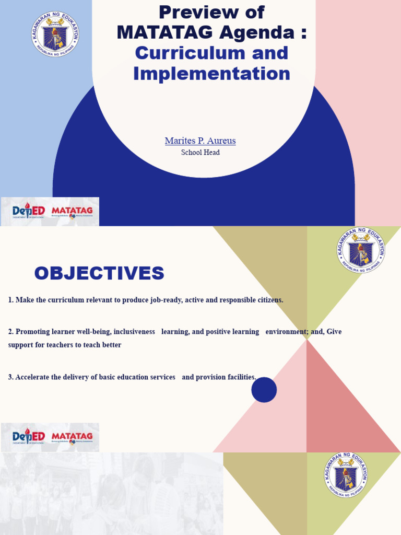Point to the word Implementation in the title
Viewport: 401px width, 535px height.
[x=211, y=74]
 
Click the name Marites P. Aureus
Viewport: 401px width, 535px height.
[x=200, y=141]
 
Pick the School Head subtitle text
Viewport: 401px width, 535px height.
[x=200, y=153]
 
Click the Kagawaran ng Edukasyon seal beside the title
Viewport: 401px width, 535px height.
[x=55, y=34]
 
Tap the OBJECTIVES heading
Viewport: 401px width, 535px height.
[x=99, y=273]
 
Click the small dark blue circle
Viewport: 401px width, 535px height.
[x=264, y=390]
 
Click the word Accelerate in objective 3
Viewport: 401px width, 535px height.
[x=32, y=377]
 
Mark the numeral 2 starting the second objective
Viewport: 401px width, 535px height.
[x=10, y=332]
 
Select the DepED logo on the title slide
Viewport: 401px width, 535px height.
[x=29, y=212]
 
